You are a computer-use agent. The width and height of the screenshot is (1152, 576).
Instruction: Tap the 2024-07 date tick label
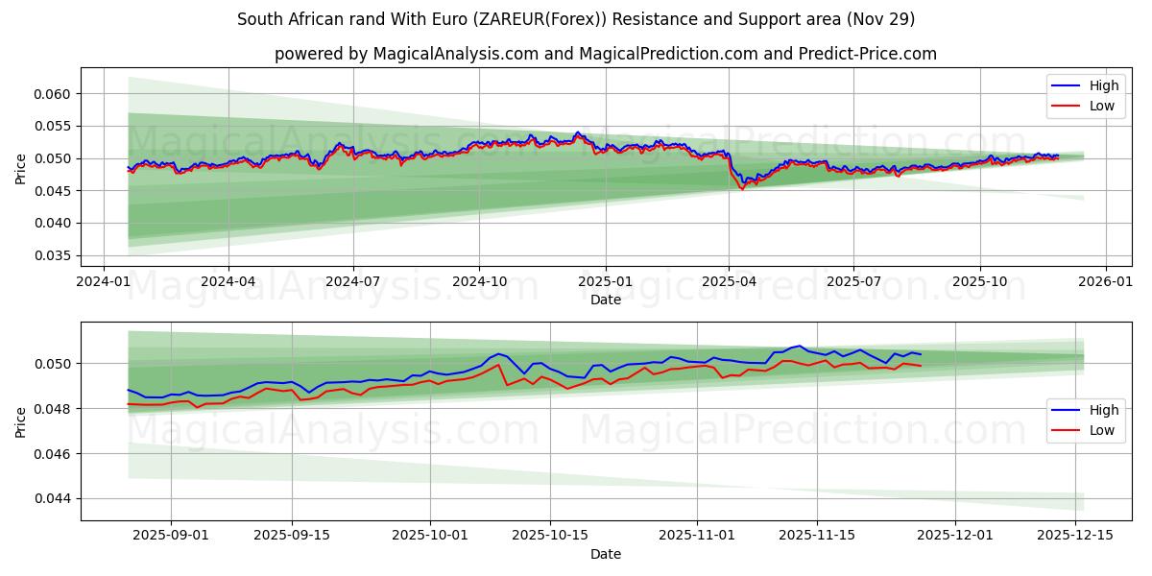[x=353, y=282]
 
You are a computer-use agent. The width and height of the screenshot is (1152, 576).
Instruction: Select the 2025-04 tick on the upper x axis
[x=729, y=282]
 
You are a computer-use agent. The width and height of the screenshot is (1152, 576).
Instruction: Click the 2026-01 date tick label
[x=1106, y=282]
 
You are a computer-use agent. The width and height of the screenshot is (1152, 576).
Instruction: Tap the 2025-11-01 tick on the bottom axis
[x=696, y=535]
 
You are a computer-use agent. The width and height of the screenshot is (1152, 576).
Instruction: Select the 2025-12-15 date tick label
[x=1077, y=535]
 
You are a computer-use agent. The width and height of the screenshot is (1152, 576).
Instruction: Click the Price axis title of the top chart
[x=21, y=168]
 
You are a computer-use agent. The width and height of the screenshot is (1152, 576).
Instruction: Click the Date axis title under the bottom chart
[x=605, y=554]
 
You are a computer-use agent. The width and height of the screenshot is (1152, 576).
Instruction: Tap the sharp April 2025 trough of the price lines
[x=741, y=188]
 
